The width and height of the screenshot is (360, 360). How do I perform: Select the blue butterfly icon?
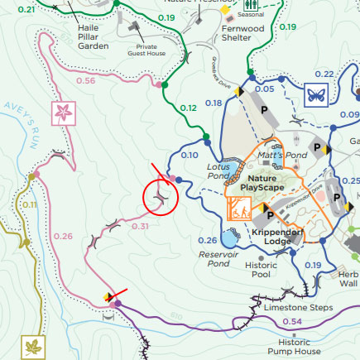click(315, 93)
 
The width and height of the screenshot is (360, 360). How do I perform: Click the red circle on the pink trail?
click(161, 199)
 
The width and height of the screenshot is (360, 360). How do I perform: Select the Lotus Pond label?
click(217, 171)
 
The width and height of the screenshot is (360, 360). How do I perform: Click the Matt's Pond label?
click(283, 155)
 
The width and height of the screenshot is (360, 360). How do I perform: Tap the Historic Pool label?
click(262, 269)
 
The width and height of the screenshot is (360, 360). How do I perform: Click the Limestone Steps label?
click(298, 308)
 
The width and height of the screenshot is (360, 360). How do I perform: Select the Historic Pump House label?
click(295, 346)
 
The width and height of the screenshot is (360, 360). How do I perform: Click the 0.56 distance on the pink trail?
click(85, 80)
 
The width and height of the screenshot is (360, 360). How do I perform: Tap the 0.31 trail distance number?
click(140, 226)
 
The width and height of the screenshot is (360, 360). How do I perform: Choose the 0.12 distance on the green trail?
click(189, 108)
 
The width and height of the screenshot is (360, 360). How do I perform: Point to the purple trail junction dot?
click(118, 304)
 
